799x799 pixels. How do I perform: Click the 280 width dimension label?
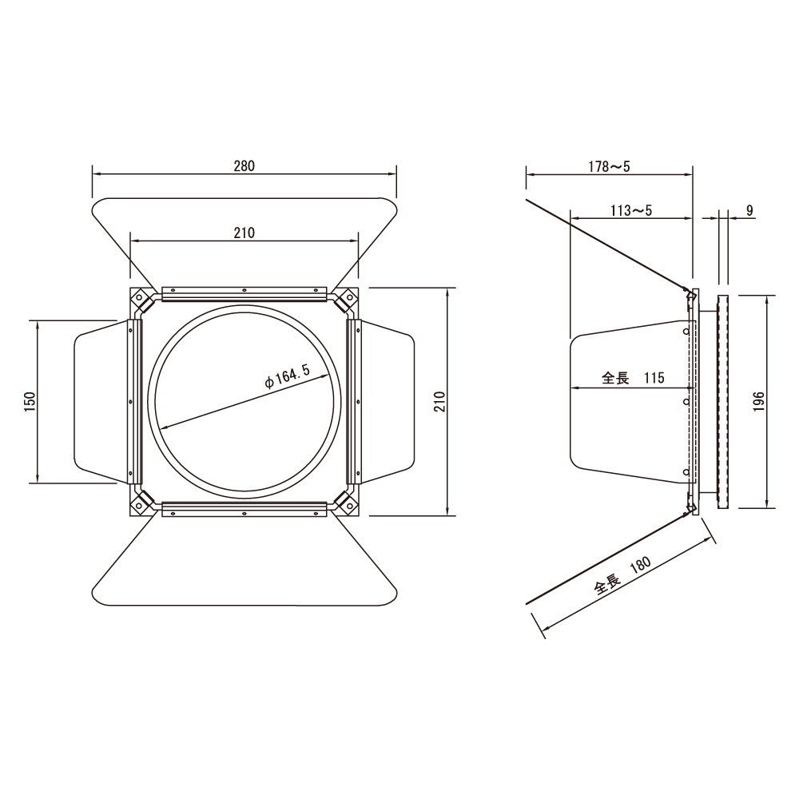(244, 165)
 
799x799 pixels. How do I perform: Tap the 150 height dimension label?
(30, 402)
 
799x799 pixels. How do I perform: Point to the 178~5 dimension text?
(610, 166)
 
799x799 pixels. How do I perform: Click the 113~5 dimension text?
(631, 210)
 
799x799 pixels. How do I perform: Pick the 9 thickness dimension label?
(749, 210)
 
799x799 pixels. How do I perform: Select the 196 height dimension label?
(759, 402)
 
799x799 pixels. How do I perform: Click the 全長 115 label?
(633, 378)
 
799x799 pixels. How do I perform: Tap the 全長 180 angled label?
(622, 576)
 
